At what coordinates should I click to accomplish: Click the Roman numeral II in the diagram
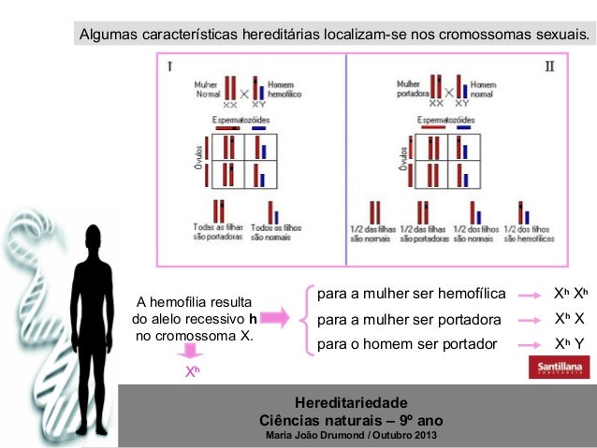coord(550,66)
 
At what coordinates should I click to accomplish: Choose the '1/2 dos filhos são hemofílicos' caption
coord(524,233)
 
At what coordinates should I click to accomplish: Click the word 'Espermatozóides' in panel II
coord(445,121)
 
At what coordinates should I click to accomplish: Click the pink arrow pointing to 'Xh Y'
coord(531,345)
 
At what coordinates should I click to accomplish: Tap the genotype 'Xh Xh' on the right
coord(569,294)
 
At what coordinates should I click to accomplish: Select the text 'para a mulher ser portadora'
coord(409,320)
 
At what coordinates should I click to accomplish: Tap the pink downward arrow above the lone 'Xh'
coord(191,351)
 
